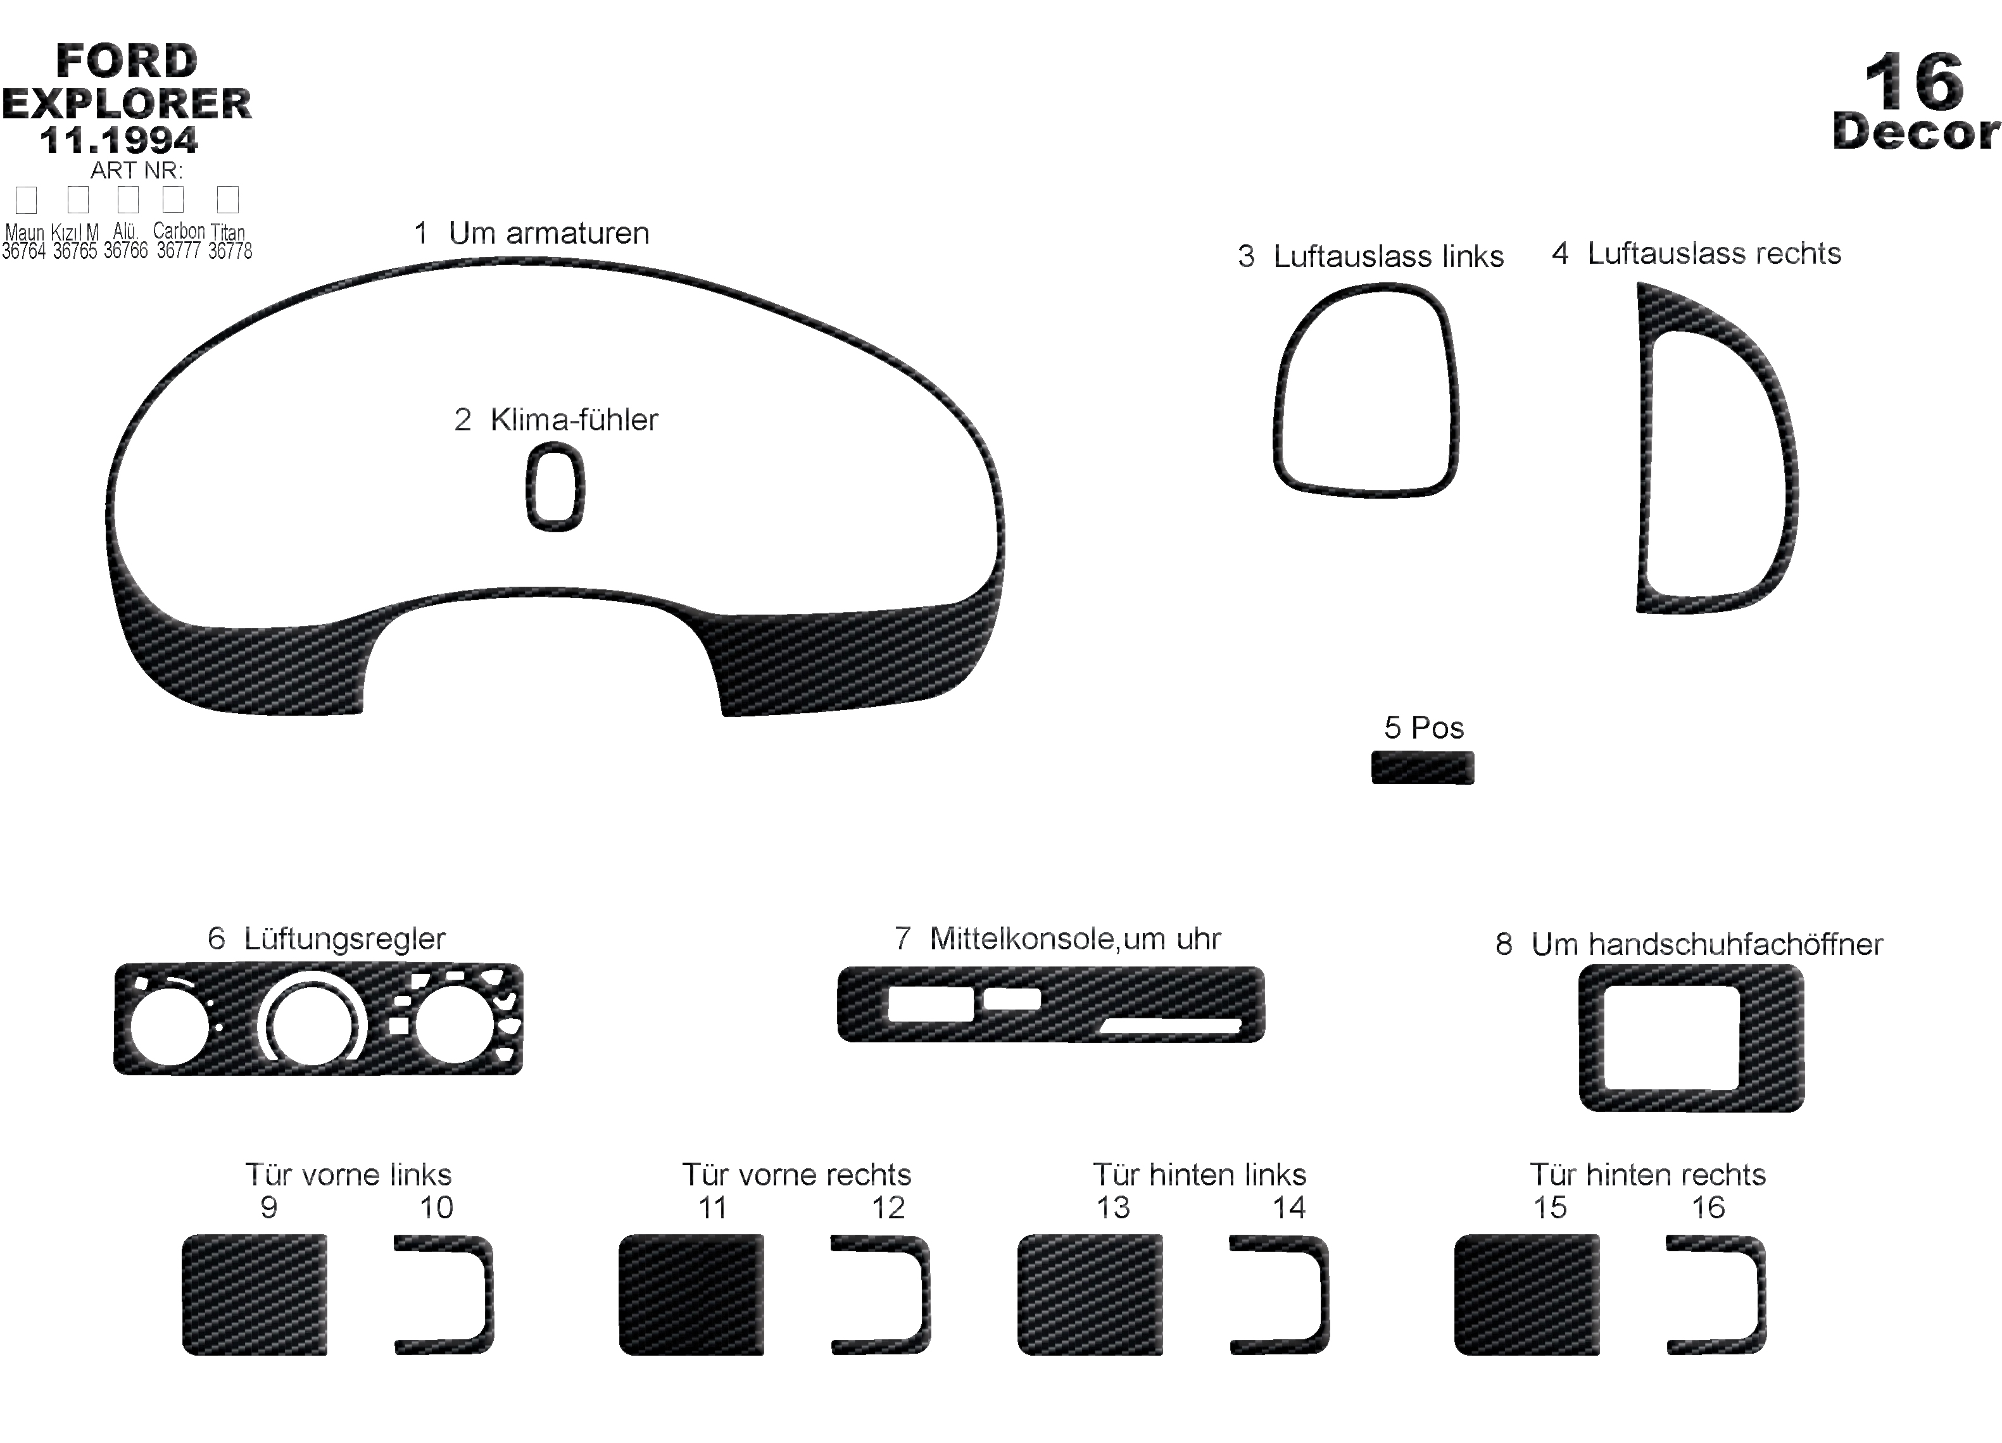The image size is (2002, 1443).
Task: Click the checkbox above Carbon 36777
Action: point(173,199)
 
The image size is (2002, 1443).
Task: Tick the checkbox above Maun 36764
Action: point(27,199)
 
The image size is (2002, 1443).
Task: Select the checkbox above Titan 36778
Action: point(228,199)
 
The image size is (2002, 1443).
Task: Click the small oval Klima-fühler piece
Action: point(555,486)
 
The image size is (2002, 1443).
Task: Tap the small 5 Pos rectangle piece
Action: point(1422,767)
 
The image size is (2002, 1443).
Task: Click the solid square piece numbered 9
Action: point(255,1294)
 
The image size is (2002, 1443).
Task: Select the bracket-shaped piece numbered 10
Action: point(484,1294)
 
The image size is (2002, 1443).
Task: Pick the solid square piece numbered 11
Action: point(691,1294)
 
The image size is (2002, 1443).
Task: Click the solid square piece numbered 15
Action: point(1527,1294)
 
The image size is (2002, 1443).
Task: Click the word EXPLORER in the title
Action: point(127,103)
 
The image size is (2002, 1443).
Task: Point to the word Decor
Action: point(1915,132)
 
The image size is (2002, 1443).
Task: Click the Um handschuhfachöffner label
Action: point(1707,944)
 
